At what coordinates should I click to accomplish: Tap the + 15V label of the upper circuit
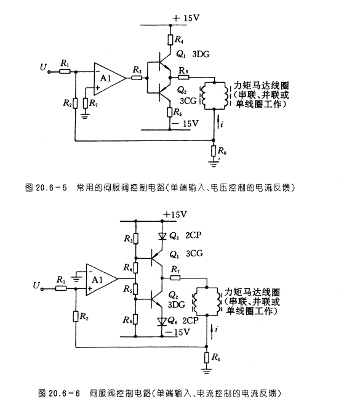point(186,18)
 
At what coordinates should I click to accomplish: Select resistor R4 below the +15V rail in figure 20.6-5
point(170,39)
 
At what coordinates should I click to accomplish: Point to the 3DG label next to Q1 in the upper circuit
point(201,54)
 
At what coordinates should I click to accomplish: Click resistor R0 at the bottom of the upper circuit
point(214,151)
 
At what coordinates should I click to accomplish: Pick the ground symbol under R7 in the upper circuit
point(85,116)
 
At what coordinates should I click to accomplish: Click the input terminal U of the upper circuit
point(49,72)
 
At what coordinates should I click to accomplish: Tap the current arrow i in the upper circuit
point(218,122)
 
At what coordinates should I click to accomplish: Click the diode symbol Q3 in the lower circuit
point(162,237)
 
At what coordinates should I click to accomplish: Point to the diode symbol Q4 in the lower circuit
point(162,321)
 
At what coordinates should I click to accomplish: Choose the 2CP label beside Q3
point(193,235)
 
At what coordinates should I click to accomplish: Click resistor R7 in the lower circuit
point(175,277)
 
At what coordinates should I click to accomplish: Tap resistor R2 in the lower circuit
point(76,317)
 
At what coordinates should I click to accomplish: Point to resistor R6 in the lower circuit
point(135,320)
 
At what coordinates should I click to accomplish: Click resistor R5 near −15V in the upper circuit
point(170,112)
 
